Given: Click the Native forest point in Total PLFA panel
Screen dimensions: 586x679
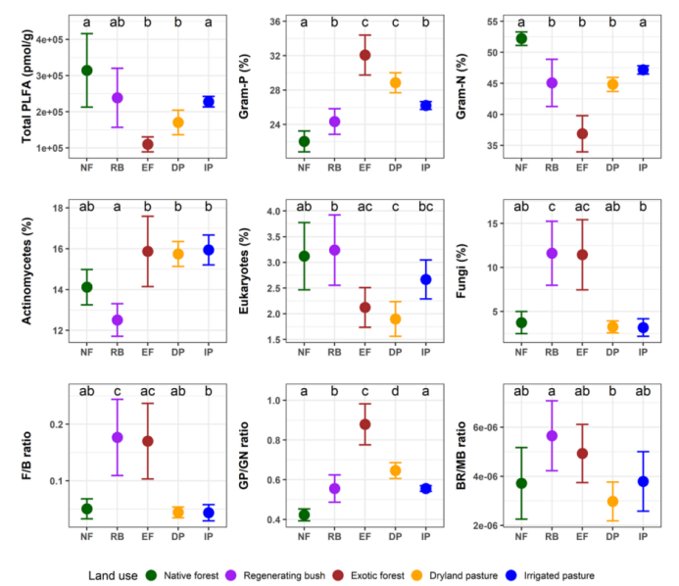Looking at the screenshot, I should pyautogui.click(x=87, y=71).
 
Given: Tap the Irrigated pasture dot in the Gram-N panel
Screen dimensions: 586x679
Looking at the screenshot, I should pyautogui.click(x=643, y=70).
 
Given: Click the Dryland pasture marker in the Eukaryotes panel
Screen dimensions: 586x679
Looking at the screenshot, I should pyautogui.click(x=395, y=318).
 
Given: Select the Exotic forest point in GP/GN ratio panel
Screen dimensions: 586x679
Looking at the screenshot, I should pyautogui.click(x=364, y=424).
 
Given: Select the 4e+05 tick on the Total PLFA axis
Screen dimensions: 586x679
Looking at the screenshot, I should pyautogui.click(x=50, y=39).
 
